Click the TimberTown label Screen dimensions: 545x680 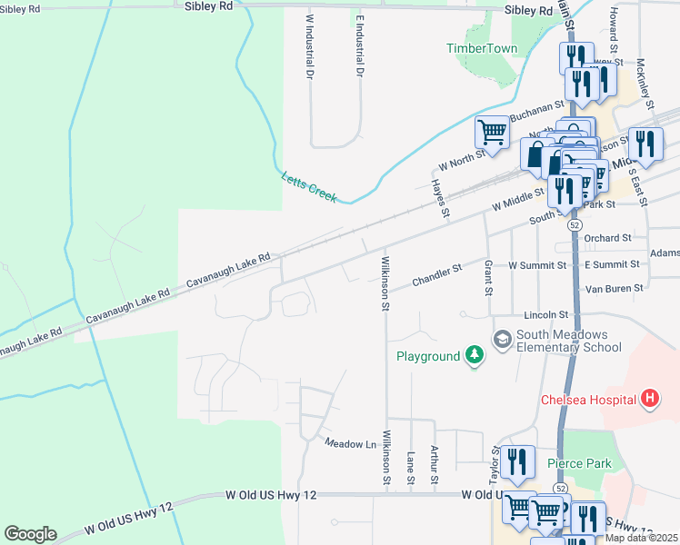(x=482, y=48)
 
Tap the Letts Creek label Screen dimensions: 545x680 (x=309, y=187)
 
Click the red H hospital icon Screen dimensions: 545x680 (x=650, y=398)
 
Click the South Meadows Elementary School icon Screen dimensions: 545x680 (x=502, y=339)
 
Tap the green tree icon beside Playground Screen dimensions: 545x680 (x=474, y=355)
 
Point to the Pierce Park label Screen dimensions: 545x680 (x=579, y=463)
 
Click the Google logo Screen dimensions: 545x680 (x=30, y=534)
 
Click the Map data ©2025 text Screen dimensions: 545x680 (x=641, y=538)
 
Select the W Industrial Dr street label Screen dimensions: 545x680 (x=310, y=44)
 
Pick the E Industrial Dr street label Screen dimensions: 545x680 (x=360, y=44)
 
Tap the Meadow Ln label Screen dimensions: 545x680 (x=350, y=443)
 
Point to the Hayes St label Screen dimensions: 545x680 (x=439, y=198)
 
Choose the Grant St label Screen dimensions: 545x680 (x=488, y=278)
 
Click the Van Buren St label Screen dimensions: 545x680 (x=613, y=288)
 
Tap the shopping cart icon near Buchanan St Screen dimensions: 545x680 (x=492, y=132)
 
